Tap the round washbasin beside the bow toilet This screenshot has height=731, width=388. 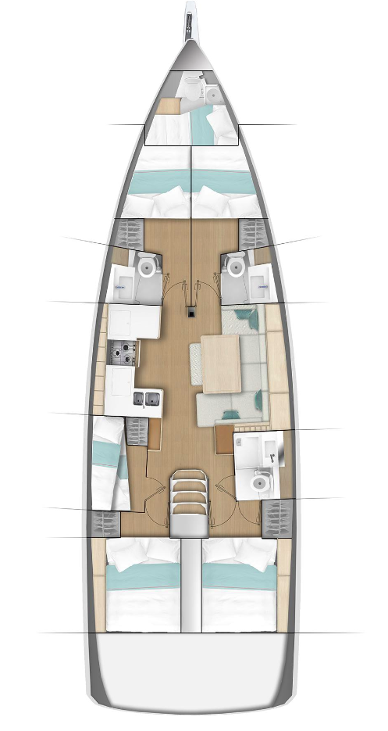click(212, 95)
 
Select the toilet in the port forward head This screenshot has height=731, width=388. click(146, 267)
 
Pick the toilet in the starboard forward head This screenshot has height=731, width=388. click(234, 267)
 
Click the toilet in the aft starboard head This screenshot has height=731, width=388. click(259, 486)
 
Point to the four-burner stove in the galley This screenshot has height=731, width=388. click(123, 354)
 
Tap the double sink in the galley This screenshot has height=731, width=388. click(147, 400)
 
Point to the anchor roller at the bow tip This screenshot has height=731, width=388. click(190, 23)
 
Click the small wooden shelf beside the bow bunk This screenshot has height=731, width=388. click(166, 106)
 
